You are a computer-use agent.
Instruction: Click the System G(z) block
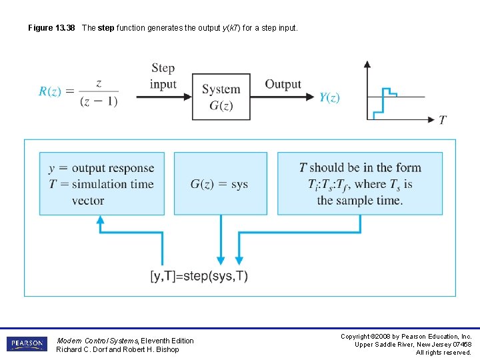pyautogui.click(x=221, y=97)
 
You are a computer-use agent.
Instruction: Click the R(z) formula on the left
pyautogui.click(x=79, y=92)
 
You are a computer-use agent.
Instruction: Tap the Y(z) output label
pyautogui.click(x=329, y=97)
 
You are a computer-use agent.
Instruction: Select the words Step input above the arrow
pyautogui.click(x=163, y=75)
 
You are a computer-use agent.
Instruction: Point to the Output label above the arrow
pyautogui.click(x=283, y=84)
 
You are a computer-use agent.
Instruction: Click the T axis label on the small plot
pyautogui.click(x=443, y=120)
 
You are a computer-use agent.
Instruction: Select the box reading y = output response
pyautogui.click(x=101, y=184)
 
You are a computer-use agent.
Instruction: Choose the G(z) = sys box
pyautogui.click(x=219, y=184)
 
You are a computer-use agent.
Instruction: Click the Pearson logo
pyautogui.click(x=27, y=344)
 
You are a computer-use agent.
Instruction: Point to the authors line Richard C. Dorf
pyautogui.click(x=117, y=349)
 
